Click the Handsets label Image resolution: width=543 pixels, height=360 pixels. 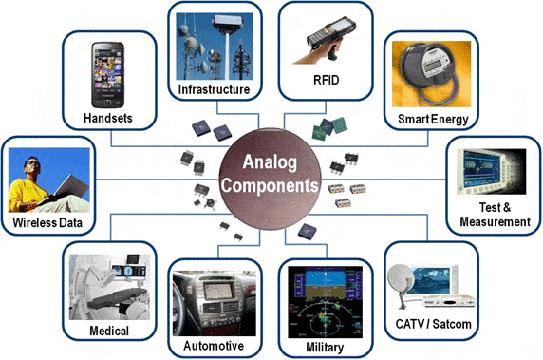[108, 118]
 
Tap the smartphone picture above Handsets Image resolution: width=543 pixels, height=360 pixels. [107, 74]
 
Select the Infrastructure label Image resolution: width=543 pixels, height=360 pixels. [214, 89]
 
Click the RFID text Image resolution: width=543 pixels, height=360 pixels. [326, 80]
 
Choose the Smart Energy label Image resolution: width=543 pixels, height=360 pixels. [433, 119]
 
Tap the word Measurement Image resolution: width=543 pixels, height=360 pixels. [495, 221]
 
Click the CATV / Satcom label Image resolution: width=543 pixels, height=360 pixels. [433, 324]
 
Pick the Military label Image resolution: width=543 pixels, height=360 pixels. [325, 348]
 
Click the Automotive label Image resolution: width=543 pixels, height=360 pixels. [214, 346]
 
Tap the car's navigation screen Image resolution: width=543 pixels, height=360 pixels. [217, 291]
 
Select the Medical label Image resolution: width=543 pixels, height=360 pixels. [109, 331]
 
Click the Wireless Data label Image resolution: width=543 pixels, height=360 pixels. [47, 223]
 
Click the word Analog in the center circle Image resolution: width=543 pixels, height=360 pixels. [270, 162]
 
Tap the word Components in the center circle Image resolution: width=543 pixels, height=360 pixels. [270, 186]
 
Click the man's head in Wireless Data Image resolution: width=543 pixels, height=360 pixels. [33, 165]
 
